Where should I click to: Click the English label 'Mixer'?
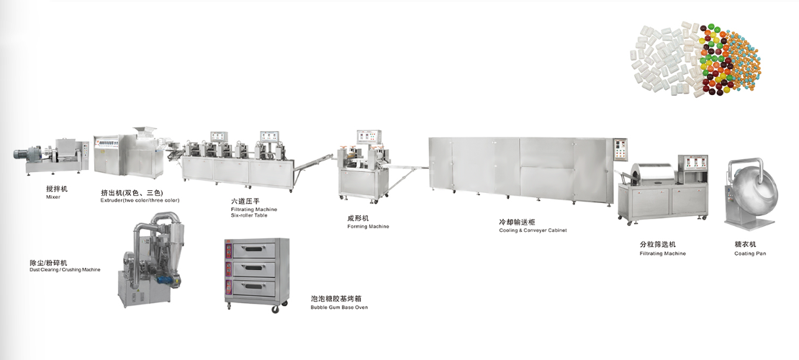[x=53, y=197]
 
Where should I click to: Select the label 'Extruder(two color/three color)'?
[x=140, y=200]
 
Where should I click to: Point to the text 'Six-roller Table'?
[x=248, y=216]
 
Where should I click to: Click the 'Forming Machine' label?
[x=368, y=226]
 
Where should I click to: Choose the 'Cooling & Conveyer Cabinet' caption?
[x=533, y=230]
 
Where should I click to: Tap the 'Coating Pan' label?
[x=750, y=253]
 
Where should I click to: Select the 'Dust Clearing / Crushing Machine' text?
[x=60, y=269]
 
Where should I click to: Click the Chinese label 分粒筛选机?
[x=657, y=245]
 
